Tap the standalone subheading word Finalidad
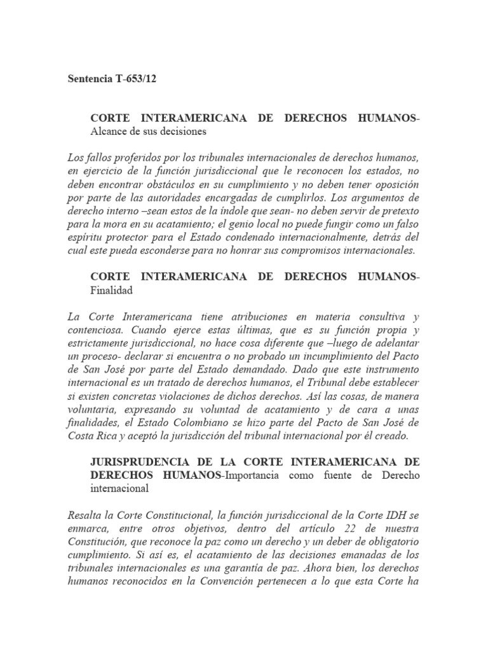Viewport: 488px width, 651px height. [112, 290]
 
